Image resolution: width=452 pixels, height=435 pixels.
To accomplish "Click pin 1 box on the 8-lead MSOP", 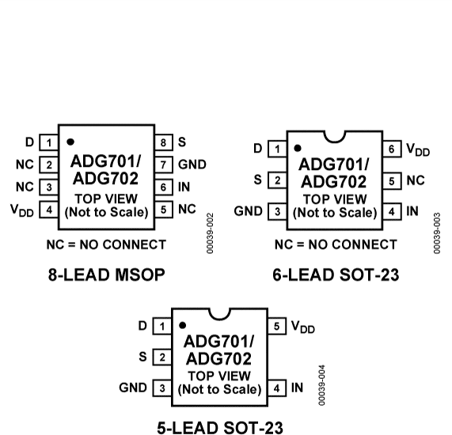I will click(x=50, y=142).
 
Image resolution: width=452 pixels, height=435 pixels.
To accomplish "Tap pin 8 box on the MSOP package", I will click(x=164, y=142).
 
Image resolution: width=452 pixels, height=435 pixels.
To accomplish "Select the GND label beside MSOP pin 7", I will click(x=192, y=165).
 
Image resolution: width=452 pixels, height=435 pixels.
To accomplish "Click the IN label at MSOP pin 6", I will click(x=184, y=187).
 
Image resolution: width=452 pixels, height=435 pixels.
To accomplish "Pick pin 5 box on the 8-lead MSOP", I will click(x=164, y=210).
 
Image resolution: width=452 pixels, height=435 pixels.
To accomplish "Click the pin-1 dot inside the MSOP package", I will click(x=70, y=142).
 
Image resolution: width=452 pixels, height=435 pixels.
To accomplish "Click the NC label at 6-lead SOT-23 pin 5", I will click(x=416, y=180).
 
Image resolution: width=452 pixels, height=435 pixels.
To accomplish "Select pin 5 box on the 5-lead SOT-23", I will click(x=277, y=326).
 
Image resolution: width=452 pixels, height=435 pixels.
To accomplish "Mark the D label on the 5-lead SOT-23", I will click(x=142, y=326).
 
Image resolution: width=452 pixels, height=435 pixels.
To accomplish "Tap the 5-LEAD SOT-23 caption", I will click(x=219, y=428).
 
